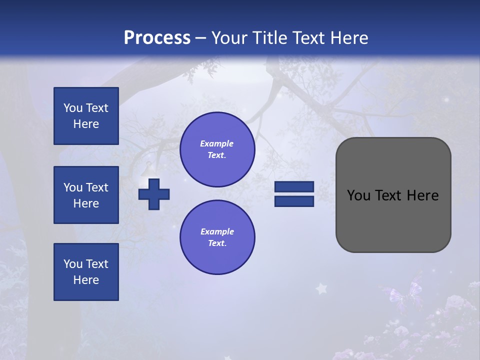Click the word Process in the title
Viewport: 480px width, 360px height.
point(157,38)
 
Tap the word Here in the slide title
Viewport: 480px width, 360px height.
point(350,38)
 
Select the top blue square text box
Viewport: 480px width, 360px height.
point(86,116)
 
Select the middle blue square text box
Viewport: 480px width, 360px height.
point(86,195)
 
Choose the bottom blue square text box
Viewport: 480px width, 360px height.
point(86,272)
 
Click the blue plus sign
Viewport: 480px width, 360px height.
point(154,193)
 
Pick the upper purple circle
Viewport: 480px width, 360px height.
point(217,149)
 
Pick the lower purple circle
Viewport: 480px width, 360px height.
point(217,237)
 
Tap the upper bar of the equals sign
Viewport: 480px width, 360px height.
point(294,186)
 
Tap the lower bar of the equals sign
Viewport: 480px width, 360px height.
point(294,201)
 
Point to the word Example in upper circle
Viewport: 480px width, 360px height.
point(217,143)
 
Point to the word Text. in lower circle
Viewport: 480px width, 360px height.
point(217,243)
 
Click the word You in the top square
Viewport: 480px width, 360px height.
point(72,108)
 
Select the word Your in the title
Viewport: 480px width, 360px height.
point(229,38)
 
